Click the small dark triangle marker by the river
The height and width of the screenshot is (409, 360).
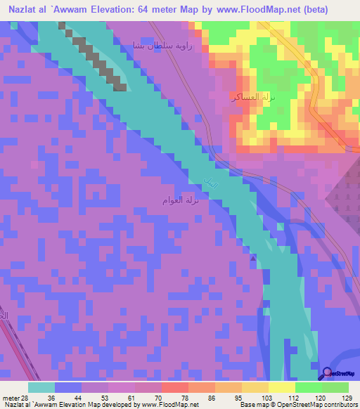tap(253, 258)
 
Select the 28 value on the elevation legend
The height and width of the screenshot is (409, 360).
tap(26, 398)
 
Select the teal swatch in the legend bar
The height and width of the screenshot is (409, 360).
tap(41, 387)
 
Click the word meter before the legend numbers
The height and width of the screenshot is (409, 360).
tap(11, 398)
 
